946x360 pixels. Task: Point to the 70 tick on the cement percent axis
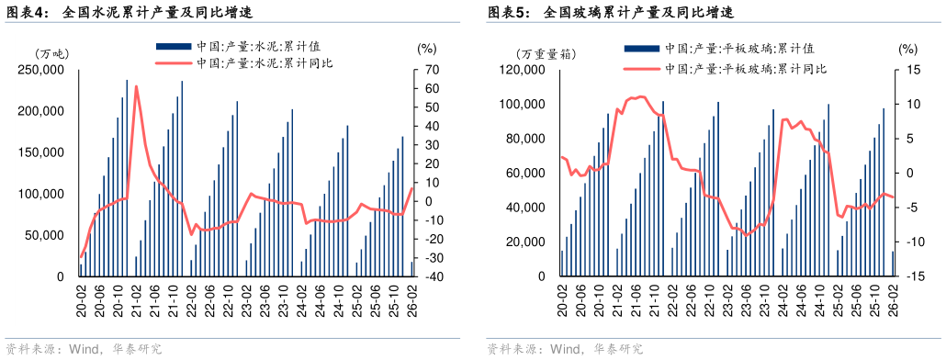tap(430, 70)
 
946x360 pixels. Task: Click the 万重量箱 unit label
tap(545, 53)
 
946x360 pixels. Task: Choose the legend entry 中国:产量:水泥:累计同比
tap(263, 63)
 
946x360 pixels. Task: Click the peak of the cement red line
tap(136, 86)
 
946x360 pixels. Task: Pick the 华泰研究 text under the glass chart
tap(618, 350)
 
